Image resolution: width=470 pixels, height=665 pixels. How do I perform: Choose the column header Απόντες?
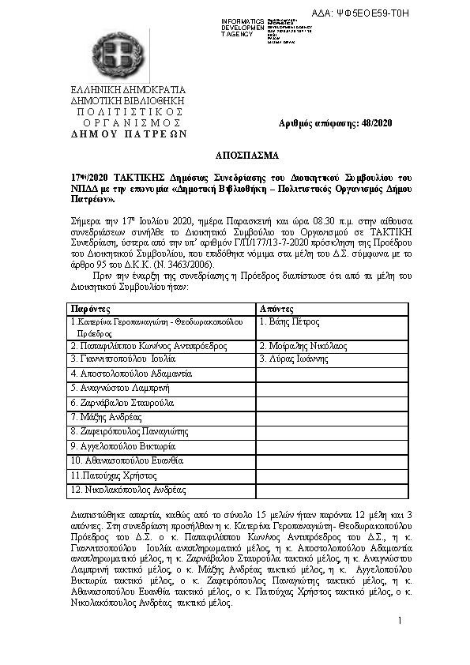tap(276, 309)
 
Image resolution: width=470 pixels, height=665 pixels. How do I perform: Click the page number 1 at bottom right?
tap(400, 622)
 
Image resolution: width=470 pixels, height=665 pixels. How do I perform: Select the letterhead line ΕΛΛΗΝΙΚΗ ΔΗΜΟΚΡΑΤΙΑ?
tap(127, 89)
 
